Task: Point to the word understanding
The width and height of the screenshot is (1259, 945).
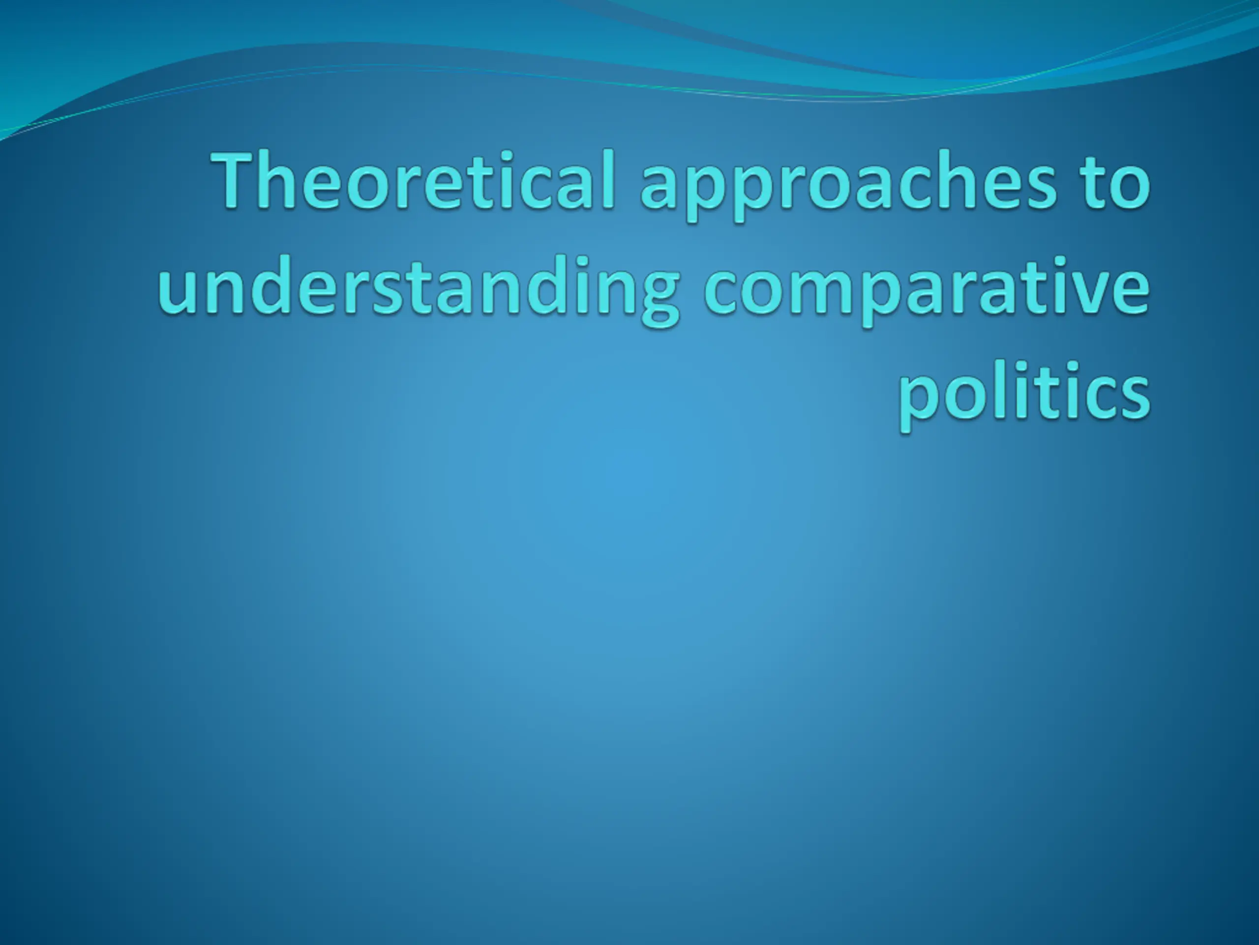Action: pos(419,289)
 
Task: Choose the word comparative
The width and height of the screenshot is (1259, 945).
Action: pos(927,289)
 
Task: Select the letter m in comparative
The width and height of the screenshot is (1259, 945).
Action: pos(806,290)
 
